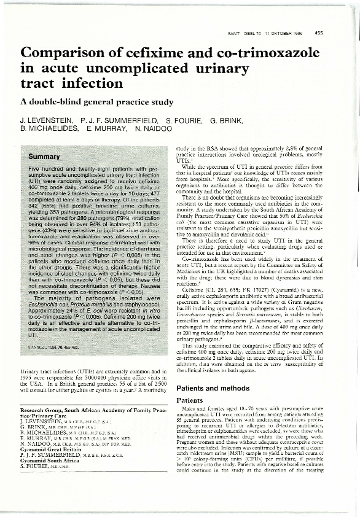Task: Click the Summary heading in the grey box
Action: (x=44, y=158)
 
